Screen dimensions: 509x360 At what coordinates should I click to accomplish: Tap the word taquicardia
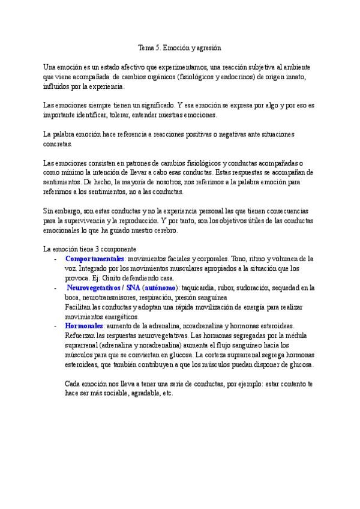click(x=200, y=288)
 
